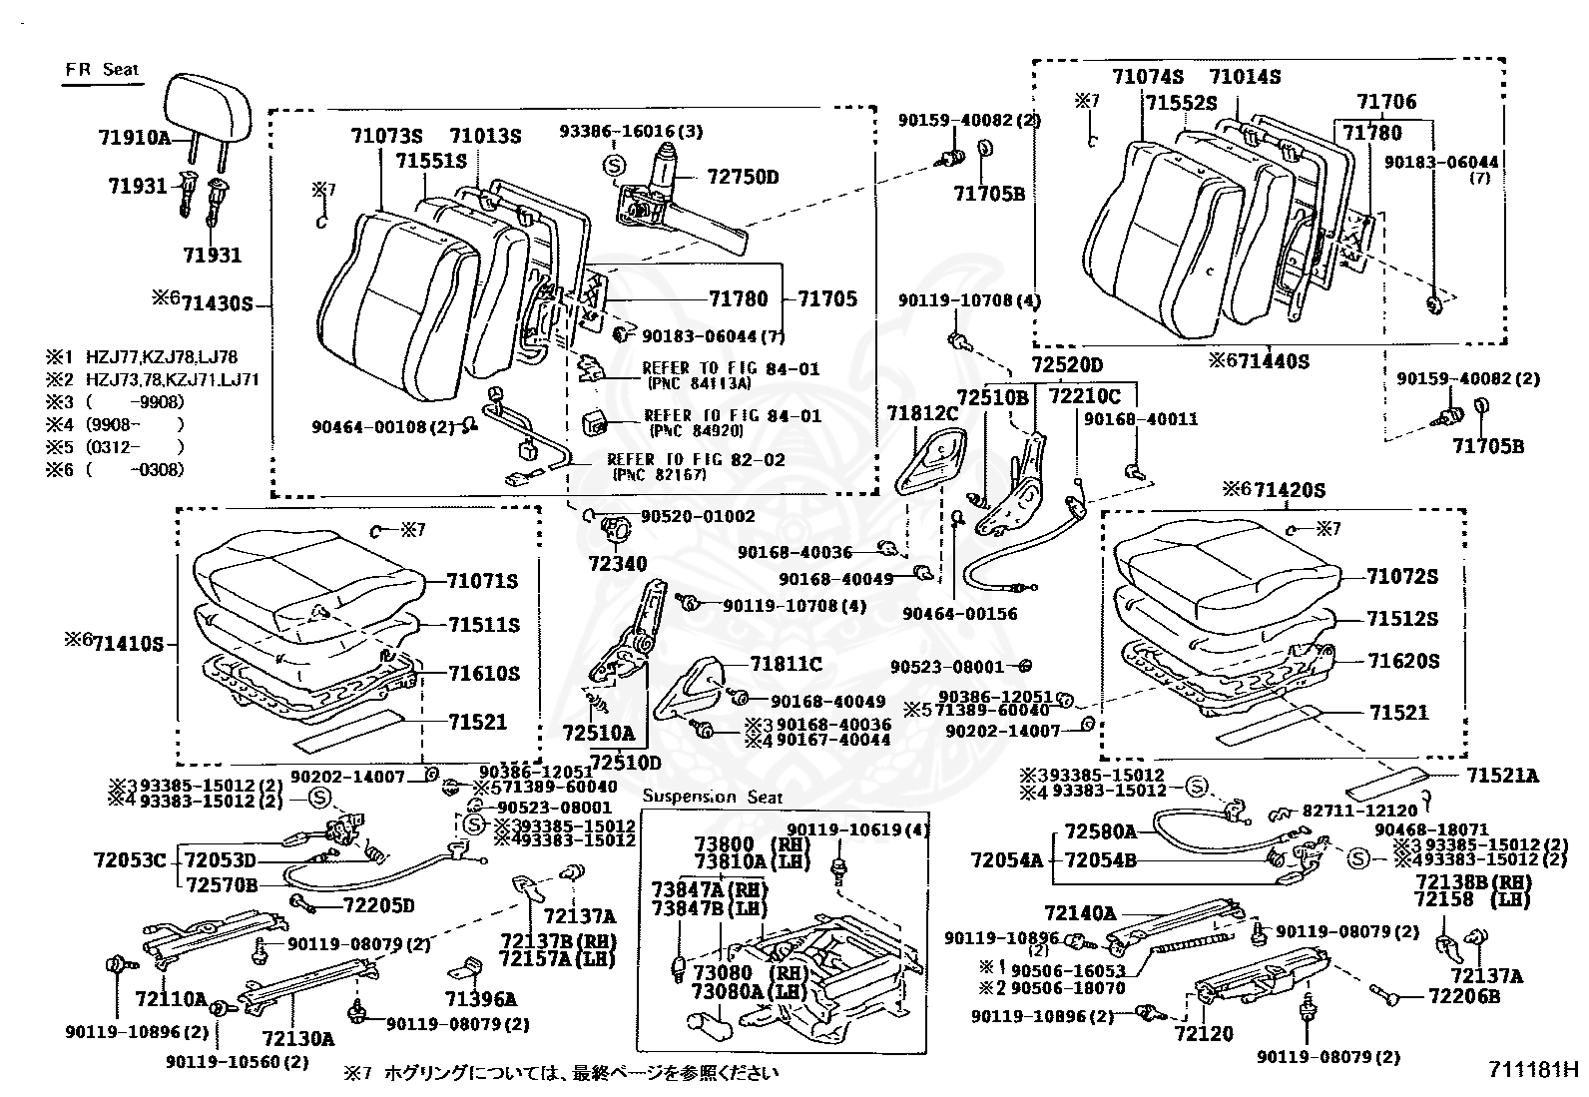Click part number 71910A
(x=135, y=138)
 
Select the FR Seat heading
(x=102, y=70)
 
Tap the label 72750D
(x=743, y=178)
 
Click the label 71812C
(x=922, y=412)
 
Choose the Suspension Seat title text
(x=714, y=797)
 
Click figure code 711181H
(x=1533, y=1070)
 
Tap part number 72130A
(x=297, y=1038)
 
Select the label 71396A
(x=481, y=999)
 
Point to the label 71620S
(x=1403, y=661)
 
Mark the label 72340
(x=619, y=564)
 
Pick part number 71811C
(x=786, y=664)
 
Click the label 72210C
(x=1084, y=396)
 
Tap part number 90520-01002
(x=698, y=516)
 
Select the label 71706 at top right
(x=1385, y=102)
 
